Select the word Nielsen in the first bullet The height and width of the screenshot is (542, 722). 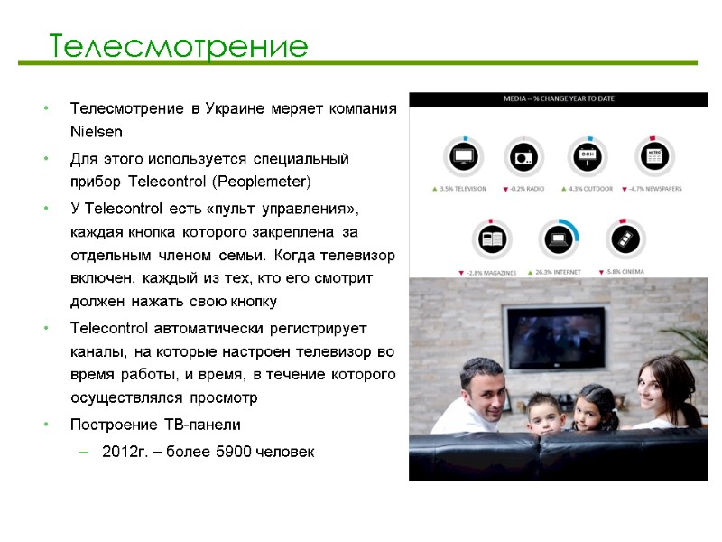click(x=96, y=131)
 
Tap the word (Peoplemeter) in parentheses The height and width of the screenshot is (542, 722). click(x=269, y=182)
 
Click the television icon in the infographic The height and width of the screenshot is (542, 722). click(x=464, y=157)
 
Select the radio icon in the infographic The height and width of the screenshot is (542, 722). click(x=523, y=157)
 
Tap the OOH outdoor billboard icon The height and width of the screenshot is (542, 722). click(x=587, y=155)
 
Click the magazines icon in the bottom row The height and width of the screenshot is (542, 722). click(x=493, y=239)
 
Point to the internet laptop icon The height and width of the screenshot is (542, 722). click(x=558, y=239)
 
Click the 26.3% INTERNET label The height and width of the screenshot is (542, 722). click(x=559, y=270)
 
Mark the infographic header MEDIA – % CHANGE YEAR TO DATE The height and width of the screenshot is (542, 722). click(x=558, y=98)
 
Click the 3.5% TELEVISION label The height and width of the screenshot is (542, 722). click(x=459, y=189)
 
